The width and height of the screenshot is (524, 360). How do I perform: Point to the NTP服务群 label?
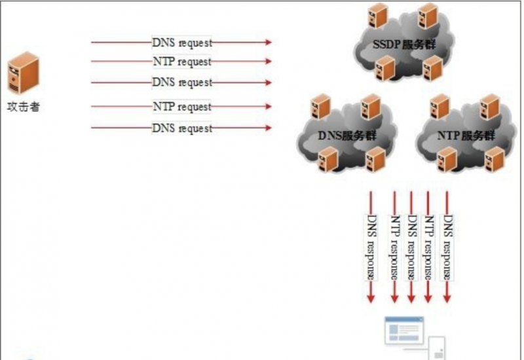[464, 136]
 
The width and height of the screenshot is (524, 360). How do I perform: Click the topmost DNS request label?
[182, 43]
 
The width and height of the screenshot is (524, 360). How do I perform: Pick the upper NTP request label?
[182, 62]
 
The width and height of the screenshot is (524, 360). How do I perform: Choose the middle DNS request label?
[182, 83]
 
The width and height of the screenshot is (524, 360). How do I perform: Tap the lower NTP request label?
[182, 106]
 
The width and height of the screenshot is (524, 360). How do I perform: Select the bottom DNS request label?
[182, 128]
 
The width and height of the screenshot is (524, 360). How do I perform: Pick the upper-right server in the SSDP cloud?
[427, 14]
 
